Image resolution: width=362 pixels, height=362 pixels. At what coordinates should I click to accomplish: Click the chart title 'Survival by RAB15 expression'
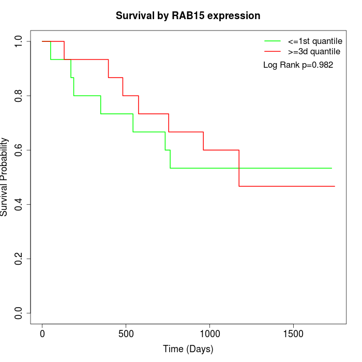[188, 16]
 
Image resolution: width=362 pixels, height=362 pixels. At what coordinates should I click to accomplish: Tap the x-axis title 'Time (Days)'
[188, 349]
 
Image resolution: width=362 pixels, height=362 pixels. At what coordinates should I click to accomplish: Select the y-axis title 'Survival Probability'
[5, 177]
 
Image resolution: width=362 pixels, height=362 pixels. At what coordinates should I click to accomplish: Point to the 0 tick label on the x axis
[42, 334]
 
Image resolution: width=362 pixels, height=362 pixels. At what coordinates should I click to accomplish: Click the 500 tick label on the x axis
[126, 334]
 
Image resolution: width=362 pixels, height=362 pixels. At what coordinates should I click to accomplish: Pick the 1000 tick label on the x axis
[210, 334]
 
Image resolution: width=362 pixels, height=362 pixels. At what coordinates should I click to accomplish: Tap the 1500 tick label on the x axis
[293, 334]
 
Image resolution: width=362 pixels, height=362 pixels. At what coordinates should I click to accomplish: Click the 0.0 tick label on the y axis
[19, 313]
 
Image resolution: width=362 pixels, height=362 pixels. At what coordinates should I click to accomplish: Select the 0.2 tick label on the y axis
[19, 259]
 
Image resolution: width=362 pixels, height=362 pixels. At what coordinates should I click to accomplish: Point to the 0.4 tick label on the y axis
[19, 204]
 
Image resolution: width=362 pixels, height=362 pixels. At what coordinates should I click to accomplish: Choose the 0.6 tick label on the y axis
[19, 150]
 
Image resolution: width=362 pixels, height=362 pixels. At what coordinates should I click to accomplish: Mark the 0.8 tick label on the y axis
[19, 96]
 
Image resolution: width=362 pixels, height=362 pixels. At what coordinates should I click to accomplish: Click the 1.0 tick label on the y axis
[19, 41]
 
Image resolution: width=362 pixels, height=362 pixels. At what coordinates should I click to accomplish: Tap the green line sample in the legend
[273, 41]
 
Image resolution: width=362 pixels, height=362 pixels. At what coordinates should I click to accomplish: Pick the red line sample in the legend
[273, 51]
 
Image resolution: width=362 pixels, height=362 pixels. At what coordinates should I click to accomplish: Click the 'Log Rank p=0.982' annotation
[298, 65]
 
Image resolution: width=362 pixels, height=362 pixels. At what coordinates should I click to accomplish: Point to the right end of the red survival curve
[335, 186]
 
